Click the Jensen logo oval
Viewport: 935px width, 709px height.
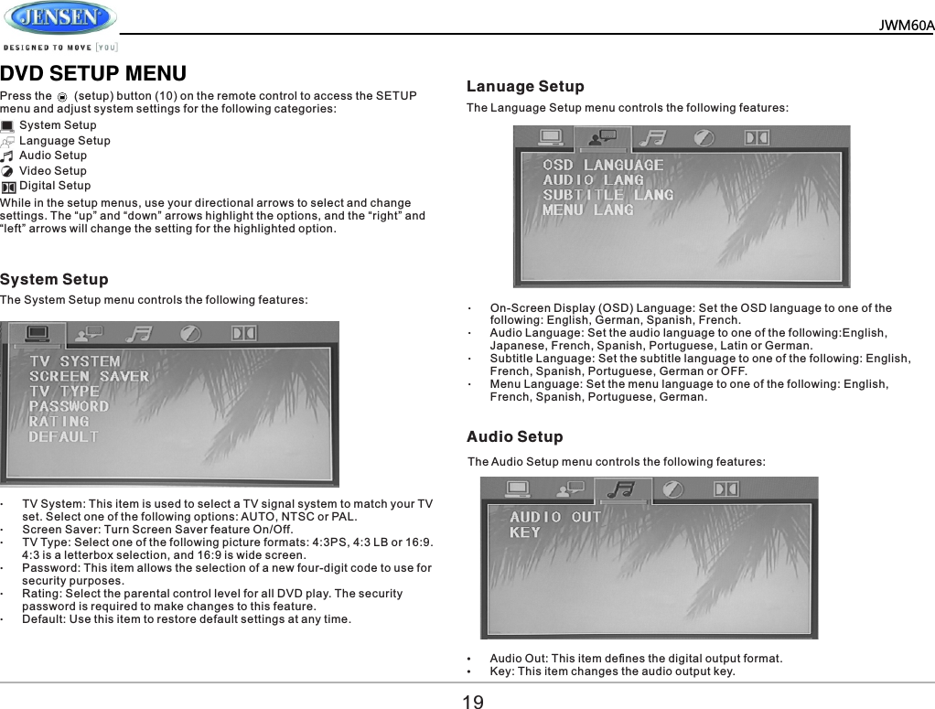click(x=60, y=18)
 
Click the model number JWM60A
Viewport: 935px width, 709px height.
click(x=906, y=26)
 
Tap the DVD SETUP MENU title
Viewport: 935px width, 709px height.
click(x=93, y=74)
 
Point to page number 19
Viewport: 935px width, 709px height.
click(x=472, y=702)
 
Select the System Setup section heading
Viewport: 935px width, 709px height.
click(x=54, y=279)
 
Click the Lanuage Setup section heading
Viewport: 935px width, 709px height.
click(x=525, y=87)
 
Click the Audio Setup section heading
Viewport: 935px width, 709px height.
click(x=515, y=437)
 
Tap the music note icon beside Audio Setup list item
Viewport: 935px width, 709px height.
click(x=7, y=156)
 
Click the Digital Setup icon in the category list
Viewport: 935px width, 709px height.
click(x=8, y=187)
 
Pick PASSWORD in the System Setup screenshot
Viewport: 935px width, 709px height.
click(x=69, y=406)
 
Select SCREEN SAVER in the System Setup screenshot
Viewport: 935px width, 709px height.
click(x=89, y=376)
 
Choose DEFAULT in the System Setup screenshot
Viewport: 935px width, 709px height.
click(x=63, y=437)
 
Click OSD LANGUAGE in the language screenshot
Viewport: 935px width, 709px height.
click(x=603, y=165)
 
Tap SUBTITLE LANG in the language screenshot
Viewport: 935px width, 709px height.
click(x=607, y=195)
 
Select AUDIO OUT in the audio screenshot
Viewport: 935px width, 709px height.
click(x=555, y=517)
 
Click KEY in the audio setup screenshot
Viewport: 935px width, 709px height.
click(x=524, y=532)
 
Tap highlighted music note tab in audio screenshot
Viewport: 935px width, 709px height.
click(x=623, y=490)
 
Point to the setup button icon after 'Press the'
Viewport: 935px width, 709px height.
click(x=62, y=96)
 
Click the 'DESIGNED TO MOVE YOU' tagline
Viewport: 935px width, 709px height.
click(x=60, y=47)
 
